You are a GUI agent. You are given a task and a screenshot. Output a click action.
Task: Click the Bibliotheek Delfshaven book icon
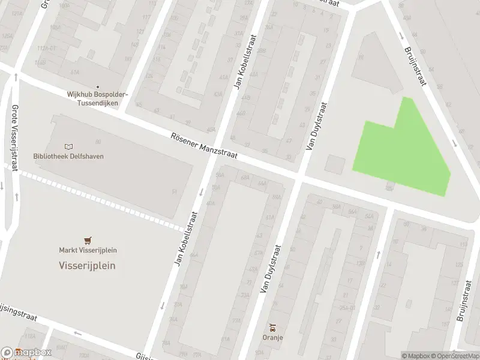[x=68, y=146]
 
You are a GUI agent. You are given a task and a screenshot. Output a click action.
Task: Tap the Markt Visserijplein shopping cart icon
[x=88, y=240]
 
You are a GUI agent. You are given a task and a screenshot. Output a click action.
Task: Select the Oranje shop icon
[x=272, y=328]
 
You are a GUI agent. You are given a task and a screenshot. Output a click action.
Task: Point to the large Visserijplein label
[x=87, y=265]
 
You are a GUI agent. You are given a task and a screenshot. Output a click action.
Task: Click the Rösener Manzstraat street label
[x=203, y=146]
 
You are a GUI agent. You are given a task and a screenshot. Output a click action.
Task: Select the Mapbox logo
[x=27, y=353]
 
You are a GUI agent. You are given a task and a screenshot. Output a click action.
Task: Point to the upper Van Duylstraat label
[x=316, y=125]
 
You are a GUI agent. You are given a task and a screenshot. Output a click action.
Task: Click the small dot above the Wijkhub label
[x=97, y=86]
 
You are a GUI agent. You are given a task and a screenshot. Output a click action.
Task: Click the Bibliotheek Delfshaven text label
[x=68, y=157]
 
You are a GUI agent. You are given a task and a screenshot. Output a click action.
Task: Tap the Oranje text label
[x=272, y=337]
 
